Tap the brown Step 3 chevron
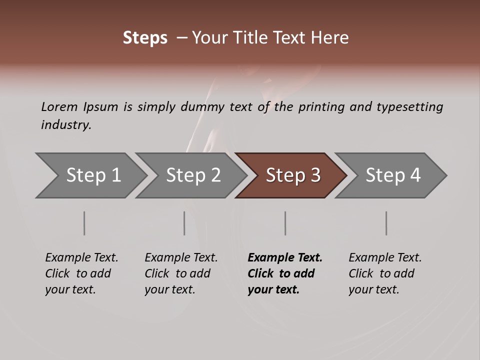tap(291, 175)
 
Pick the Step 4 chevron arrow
tap(391, 175)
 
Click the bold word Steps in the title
tap(145, 38)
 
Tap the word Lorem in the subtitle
tap(59, 107)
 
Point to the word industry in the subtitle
tap(66, 125)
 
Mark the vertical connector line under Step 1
tap(84, 223)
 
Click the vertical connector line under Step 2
tap(184, 223)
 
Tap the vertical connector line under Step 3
tap(285, 223)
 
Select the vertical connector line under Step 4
tap(386, 223)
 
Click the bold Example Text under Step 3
tap(285, 258)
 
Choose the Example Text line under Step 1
tap(81, 258)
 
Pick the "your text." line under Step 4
tap(373, 289)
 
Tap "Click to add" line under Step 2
tap(177, 273)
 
